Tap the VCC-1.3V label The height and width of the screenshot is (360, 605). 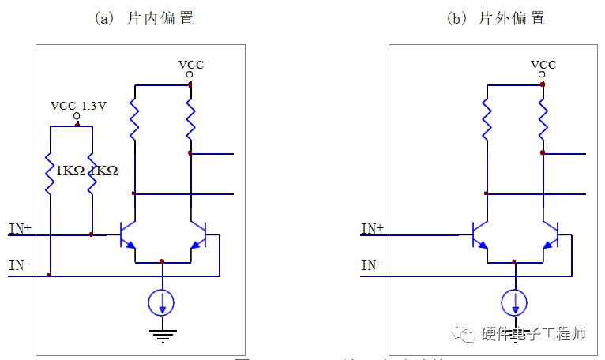78,105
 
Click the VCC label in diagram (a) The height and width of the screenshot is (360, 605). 190,64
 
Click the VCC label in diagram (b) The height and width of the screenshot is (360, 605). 543,64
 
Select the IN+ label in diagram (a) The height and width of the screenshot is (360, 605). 20,229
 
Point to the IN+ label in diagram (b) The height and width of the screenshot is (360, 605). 373,229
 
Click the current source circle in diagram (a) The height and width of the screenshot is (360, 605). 162,302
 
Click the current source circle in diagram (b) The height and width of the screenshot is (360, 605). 515,302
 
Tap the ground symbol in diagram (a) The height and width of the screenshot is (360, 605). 163,335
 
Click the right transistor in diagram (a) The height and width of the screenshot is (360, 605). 198,234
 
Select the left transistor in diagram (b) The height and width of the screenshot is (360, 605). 479,234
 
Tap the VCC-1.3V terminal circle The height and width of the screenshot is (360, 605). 77,117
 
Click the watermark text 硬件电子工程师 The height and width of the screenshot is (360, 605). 533,334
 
